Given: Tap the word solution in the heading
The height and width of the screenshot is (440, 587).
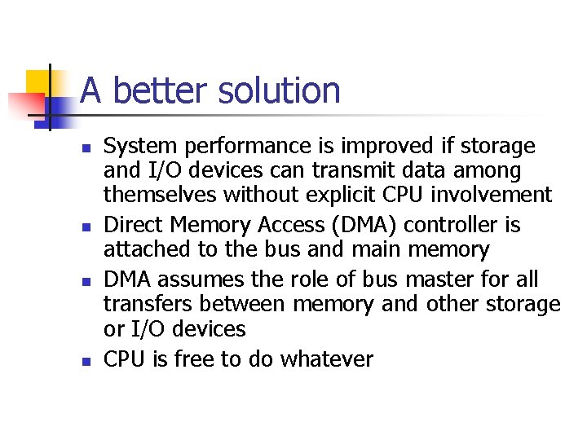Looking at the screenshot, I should [x=279, y=90].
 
